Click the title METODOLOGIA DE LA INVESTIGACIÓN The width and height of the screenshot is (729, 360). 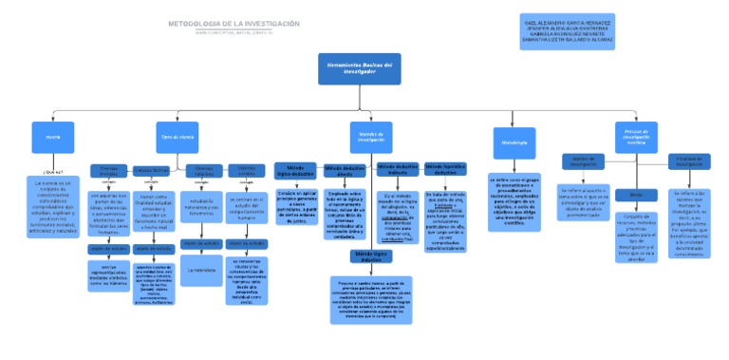pyautogui.click(x=234, y=23)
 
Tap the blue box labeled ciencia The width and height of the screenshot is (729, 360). pyautogui.click(x=52, y=137)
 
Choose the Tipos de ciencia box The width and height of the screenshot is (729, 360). pyautogui.click(x=178, y=137)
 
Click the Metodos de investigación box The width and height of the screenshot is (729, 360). pyautogui.click(x=371, y=137)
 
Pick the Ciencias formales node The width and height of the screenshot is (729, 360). pyautogui.click(x=108, y=170)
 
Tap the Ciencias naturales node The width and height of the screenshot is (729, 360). pyautogui.click(x=205, y=171)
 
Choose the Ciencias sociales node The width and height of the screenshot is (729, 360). pyautogui.click(x=246, y=171)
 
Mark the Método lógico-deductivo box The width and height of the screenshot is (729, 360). pyautogui.click(x=295, y=170)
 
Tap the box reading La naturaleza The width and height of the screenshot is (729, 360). pyautogui.click(x=202, y=270)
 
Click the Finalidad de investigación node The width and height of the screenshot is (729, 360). pyautogui.click(x=689, y=161)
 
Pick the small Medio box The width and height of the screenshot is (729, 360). pyautogui.click(x=629, y=194)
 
